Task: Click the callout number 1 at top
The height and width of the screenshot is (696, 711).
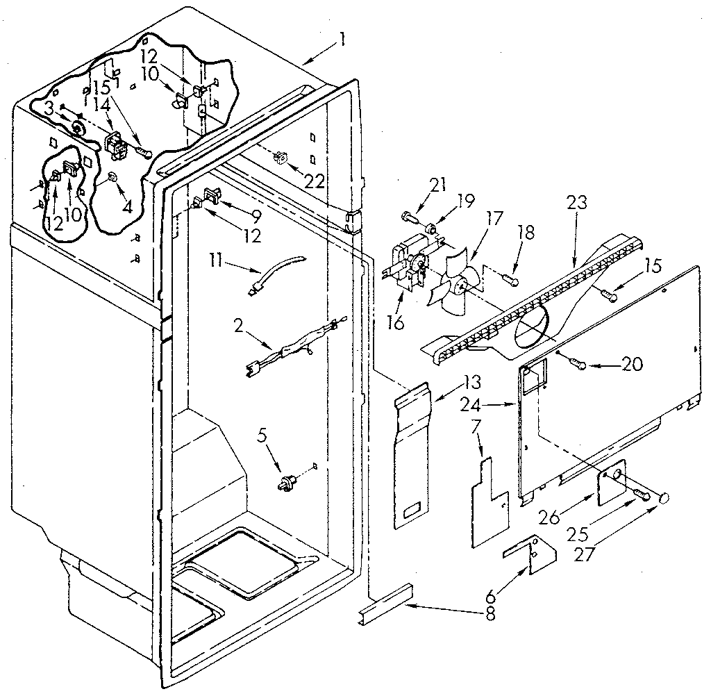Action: [x=341, y=40]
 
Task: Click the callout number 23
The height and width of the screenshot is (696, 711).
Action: [x=577, y=204]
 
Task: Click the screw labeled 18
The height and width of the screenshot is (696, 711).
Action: [x=510, y=279]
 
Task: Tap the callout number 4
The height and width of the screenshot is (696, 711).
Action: [x=127, y=206]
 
